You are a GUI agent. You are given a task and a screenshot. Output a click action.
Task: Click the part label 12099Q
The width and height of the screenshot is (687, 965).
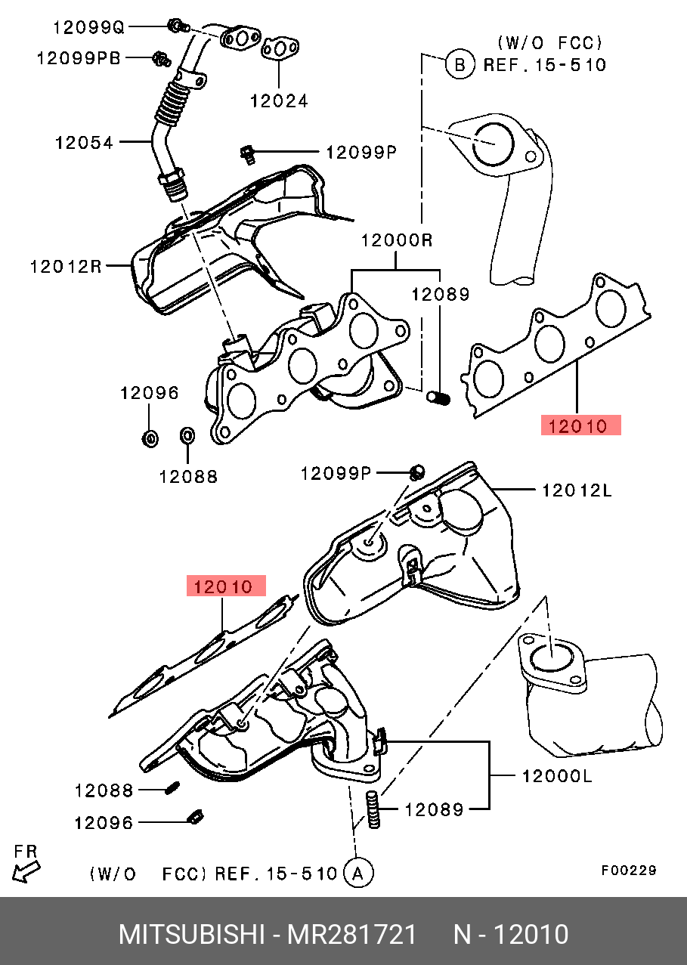point(88,27)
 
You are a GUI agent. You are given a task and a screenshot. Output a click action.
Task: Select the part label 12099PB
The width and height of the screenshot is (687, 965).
point(79,57)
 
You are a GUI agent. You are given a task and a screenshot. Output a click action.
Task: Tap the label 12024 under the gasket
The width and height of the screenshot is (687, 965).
point(279,101)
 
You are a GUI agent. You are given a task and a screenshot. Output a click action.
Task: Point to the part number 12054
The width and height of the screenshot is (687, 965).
point(84,143)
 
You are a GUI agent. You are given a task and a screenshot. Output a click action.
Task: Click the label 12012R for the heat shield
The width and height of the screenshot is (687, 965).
point(66,267)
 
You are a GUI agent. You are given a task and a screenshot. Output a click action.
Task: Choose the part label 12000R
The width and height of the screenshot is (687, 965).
point(397,240)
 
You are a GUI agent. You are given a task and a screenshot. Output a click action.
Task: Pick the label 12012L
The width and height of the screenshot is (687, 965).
point(577,490)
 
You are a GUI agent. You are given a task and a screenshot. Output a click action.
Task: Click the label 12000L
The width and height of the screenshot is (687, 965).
point(557,776)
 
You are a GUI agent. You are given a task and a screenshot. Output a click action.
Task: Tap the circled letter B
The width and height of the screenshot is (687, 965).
point(460,64)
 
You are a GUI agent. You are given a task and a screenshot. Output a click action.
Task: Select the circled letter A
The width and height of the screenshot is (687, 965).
point(358,874)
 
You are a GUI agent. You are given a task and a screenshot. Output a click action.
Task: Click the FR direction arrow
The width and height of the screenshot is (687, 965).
point(26,871)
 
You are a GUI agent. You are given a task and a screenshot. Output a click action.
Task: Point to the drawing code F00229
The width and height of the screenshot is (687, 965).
point(629,871)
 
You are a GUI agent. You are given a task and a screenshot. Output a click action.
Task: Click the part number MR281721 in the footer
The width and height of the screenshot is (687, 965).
point(351,935)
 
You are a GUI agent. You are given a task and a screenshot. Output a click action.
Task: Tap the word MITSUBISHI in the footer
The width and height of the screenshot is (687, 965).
point(191,935)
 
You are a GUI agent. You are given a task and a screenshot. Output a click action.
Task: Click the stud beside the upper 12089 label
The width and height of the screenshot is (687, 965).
point(438,398)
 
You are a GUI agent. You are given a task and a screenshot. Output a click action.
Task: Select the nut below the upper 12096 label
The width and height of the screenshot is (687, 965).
point(150,438)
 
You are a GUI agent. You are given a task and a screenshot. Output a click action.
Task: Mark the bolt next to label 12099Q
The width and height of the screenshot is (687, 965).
point(178,26)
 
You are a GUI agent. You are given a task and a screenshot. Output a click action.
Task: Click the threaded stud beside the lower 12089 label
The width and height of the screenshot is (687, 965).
point(373,810)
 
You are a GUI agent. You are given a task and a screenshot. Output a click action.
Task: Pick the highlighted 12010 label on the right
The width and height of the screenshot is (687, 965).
point(581,425)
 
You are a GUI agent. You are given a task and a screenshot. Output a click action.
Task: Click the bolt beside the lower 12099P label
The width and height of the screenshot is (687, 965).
point(416,472)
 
